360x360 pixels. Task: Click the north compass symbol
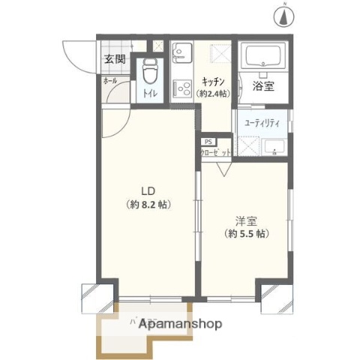click(x=286, y=13)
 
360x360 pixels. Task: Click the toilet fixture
click(x=148, y=73)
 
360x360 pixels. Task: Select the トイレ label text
click(x=150, y=94)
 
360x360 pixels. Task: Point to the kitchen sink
click(x=181, y=52)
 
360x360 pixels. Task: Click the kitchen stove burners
click(x=181, y=88)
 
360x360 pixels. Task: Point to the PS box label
click(x=207, y=140)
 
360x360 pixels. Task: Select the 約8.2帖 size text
click(x=147, y=203)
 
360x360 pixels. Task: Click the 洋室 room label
click(x=247, y=220)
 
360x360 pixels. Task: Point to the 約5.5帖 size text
click(x=247, y=234)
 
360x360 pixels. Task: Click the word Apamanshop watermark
click(x=181, y=325)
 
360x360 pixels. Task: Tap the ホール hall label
click(x=109, y=79)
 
